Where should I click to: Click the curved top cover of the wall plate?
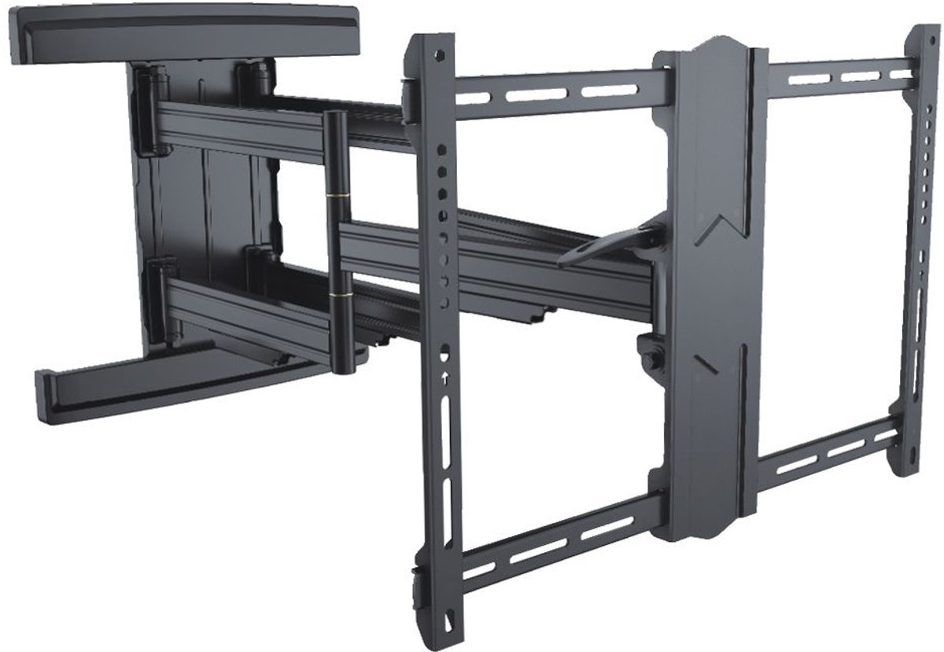181,31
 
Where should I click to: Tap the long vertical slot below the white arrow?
447,425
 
